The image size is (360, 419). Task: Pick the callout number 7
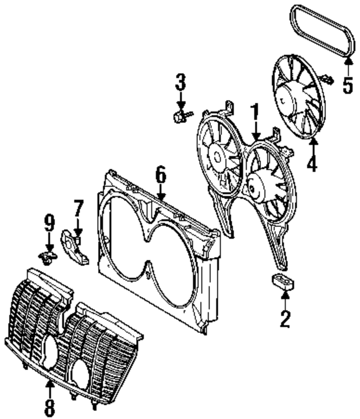[78, 208]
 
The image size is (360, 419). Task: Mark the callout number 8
[49, 406]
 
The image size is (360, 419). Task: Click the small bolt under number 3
[181, 116]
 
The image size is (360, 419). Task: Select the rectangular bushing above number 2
[282, 282]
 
